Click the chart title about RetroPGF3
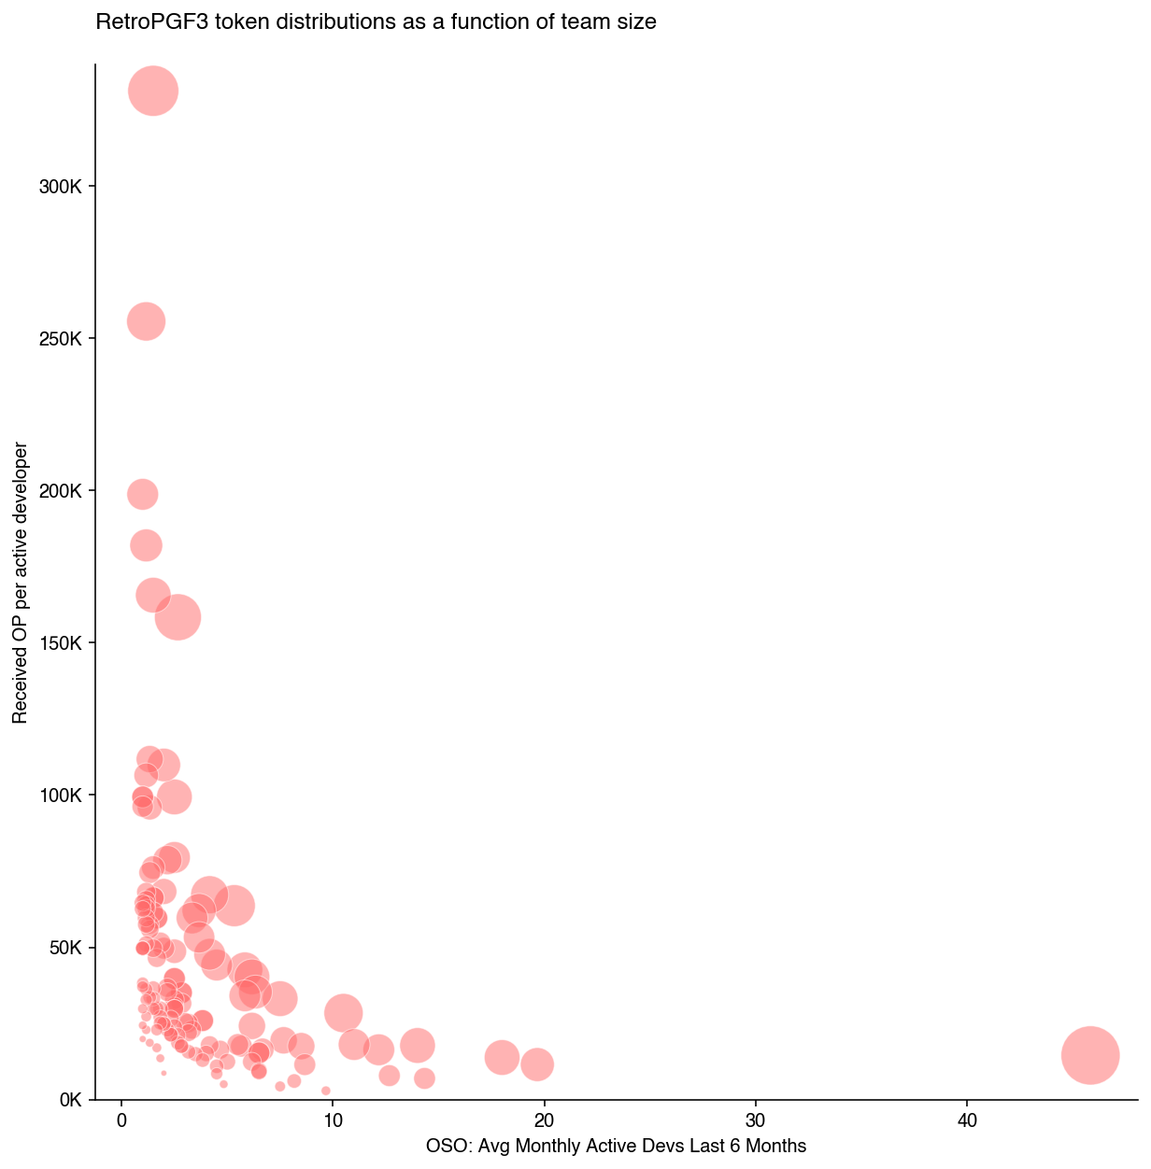(x=376, y=21)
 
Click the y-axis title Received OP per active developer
(x=20, y=583)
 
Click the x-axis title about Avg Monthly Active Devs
(x=616, y=1146)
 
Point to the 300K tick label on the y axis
(x=66, y=187)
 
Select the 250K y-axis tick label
(x=66, y=339)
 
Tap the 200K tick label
(x=66, y=491)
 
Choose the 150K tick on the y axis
(x=66, y=643)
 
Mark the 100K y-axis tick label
(x=66, y=796)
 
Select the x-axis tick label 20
(x=544, y=1120)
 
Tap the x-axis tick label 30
(x=755, y=1120)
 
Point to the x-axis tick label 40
(x=967, y=1120)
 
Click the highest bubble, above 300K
(x=153, y=91)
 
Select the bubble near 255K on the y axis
(x=146, y=321)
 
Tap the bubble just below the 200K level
(x=142, y=494)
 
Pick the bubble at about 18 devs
(x=502, y=1057)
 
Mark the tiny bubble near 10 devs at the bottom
(x=325, y=1091)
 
